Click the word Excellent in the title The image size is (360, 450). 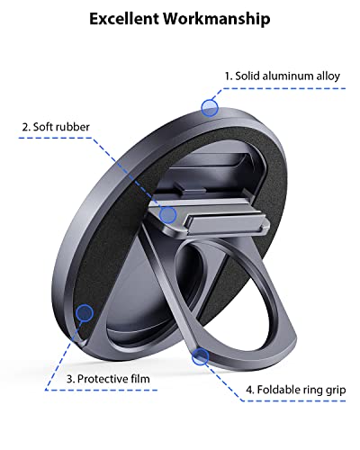coord(124,18)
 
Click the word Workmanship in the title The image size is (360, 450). coord(217,19)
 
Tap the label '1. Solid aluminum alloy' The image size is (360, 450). coord(283,76)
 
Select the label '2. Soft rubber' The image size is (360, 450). coord(56,127)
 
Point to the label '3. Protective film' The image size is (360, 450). coord(108,379)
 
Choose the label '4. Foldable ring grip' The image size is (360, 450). coord(296,390)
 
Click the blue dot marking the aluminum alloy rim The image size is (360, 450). coord(210,108)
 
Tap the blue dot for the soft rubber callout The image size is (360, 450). coord(167,214)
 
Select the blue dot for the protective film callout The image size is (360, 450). coord(85,313)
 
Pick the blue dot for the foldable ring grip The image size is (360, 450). coord(201,356)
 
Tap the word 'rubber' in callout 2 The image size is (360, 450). coord(75,127)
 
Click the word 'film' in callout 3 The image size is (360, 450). coord(140,379)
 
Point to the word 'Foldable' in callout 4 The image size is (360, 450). coord(276,390)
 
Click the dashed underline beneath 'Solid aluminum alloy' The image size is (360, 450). coord(284,88)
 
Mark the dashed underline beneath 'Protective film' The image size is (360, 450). coord(102,390)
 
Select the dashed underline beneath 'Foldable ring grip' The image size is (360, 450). coord(294,400)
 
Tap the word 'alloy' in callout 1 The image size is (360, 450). coord(328,76)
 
